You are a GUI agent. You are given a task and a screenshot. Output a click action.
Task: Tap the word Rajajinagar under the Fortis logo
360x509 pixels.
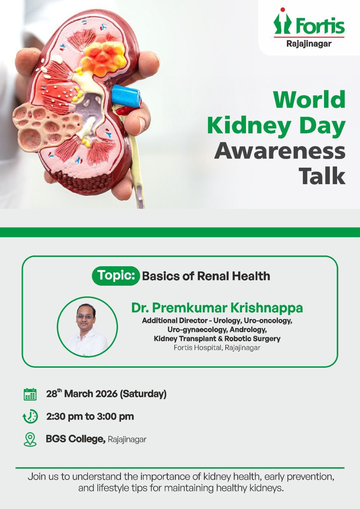(x=309, y=44)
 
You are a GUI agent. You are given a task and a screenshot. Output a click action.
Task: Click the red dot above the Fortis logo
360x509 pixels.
(x=283, y=10)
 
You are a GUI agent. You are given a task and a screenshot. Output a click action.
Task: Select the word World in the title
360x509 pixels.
(x=309, y=100)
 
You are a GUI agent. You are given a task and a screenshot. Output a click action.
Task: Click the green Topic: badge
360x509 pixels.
(x=116, y=275)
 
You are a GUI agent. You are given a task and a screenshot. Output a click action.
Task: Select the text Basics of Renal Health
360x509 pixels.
(x=206, y=276)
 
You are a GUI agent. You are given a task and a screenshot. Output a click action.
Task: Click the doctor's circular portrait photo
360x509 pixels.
(x=87, y=327)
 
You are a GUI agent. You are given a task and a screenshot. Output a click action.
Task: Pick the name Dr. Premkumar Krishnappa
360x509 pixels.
(x=217, y=308)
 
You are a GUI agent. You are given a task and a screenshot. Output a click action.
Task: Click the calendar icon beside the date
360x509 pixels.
(x=30, y=394)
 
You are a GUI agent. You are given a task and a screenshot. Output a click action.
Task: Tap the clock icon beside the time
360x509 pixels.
(x=30, y=416)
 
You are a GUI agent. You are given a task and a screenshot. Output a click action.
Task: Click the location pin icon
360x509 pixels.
(x=30, y=439)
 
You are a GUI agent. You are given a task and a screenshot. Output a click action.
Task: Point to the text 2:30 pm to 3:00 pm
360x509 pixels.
(x=90, y=416)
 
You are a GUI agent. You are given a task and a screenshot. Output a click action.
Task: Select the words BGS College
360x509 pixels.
(x=75, y=439)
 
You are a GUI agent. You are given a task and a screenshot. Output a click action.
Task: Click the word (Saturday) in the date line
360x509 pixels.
(x=143, y=394)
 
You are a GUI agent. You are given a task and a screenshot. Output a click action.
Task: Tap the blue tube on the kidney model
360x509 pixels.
(x=126, y=96)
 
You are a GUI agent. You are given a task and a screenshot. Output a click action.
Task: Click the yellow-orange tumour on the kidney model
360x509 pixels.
(x=104, y=59)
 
